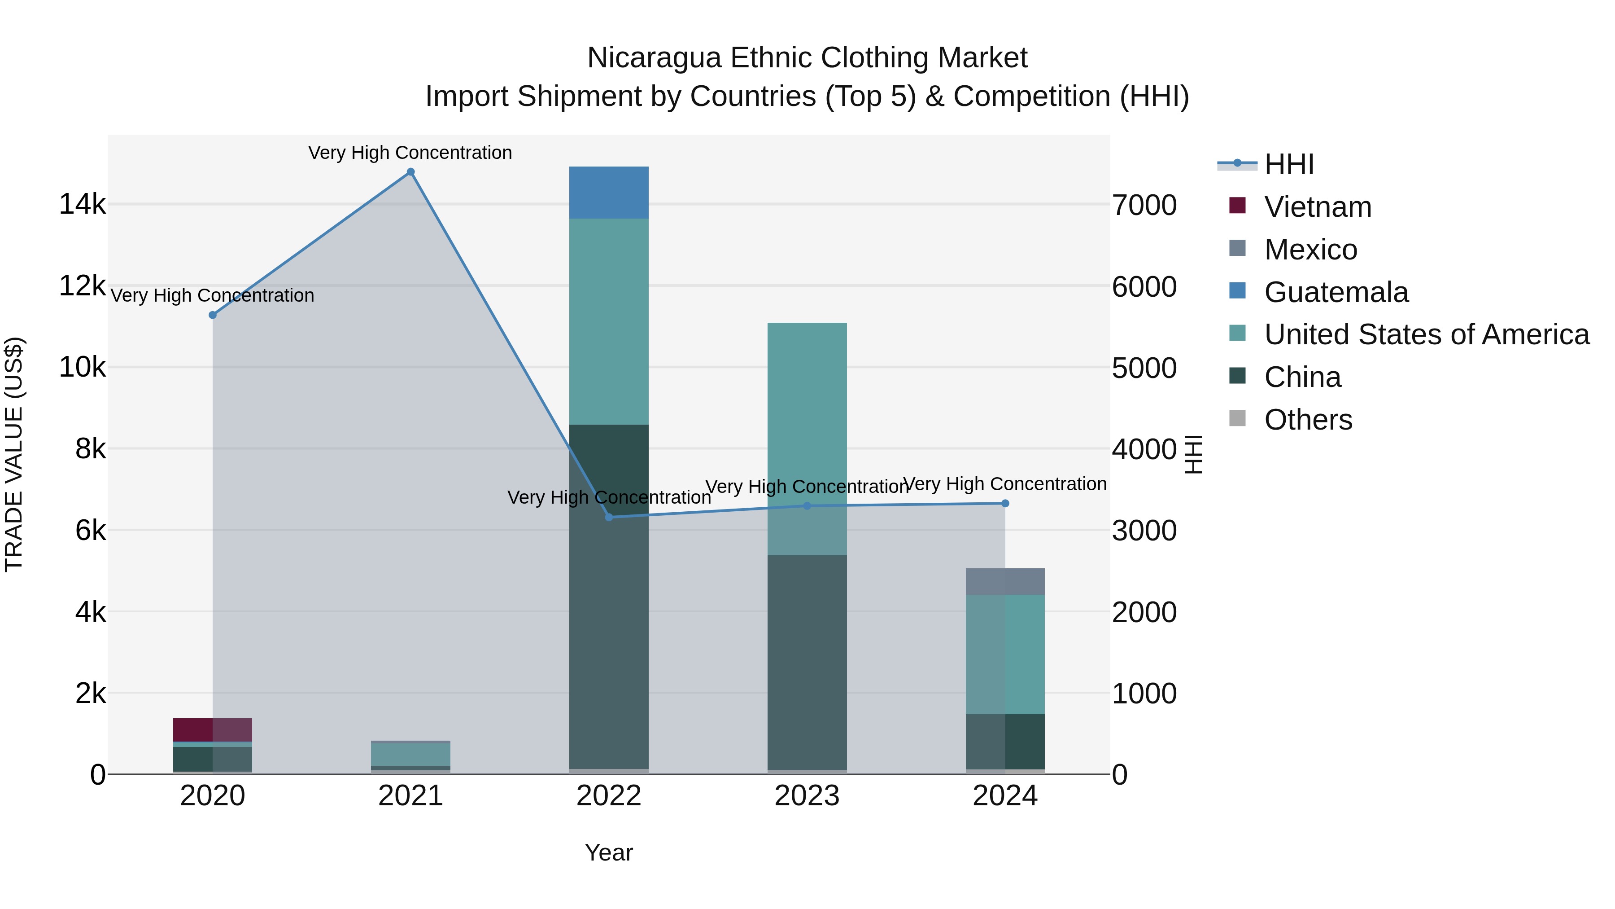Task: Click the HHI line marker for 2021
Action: pyautogui.click(x=410, y=172)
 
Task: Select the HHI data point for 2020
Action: pyautogui.click(x=213, y=315)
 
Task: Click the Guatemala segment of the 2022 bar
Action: pyautogui.click(x=609, y=193)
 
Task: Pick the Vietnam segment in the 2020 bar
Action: pyautogui.click(x=213, y=729)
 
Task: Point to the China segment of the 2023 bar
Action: pyautogui.click(x=807, y=662)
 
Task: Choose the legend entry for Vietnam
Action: pyautogui.click(x=1317, y=207)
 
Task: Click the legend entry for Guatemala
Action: pyautogui.click(x=1336, y=292)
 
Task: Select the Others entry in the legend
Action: pyautogui.click(x=1307, y=420)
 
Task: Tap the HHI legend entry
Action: pyautogui.click(x=1288, y=164)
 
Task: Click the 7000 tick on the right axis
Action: pyautogui.click(x=1144, y=206)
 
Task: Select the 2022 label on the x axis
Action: pyautogui.click(x=609, y=796)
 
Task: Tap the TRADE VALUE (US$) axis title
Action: pyautogui.click(x=14, y=454)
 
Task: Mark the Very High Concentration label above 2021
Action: pyautogui.click(x=410, y=153)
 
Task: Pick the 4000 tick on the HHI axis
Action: pyautogui.click(x=1144, y=450)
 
